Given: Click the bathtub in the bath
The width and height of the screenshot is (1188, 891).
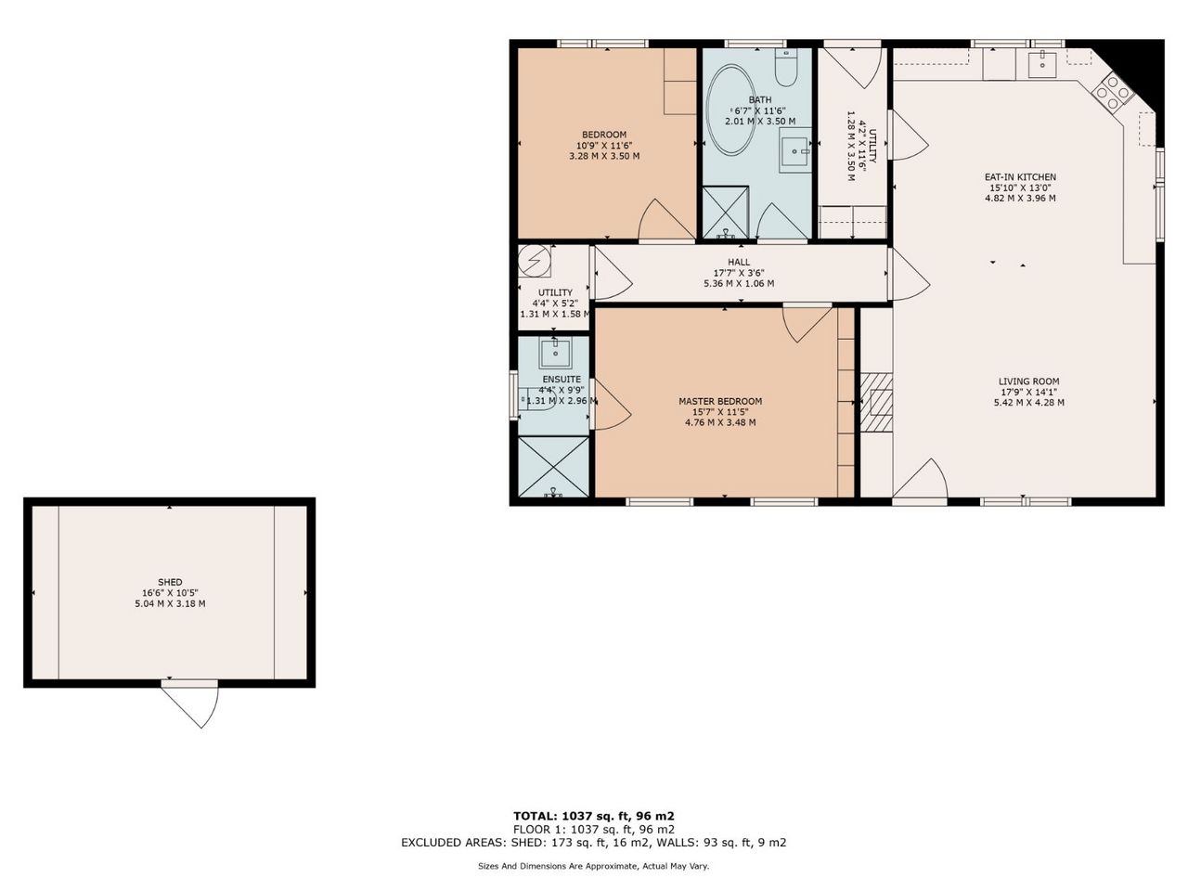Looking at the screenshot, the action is coord(731,110).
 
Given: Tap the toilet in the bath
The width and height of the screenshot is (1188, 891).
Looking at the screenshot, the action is coord(786,68).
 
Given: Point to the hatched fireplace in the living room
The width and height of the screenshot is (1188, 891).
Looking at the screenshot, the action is coord(876,402).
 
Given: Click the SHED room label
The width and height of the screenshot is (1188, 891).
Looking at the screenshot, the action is coord(170,582).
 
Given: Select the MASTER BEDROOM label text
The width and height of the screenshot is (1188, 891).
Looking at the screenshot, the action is coord(720,401).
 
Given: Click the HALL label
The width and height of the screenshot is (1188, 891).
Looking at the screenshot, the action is coord(739,262).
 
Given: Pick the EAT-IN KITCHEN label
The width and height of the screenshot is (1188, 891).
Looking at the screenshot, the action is coord(1020,177).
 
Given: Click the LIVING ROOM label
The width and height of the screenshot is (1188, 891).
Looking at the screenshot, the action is coord(1029,381).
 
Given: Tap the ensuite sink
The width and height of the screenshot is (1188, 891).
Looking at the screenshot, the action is coord(555,354).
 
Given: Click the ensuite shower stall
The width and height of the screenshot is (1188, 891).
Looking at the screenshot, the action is coord(553,466).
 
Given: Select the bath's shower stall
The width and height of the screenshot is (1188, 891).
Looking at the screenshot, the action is coord(725,213).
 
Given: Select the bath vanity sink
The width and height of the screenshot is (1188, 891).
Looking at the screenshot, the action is coord(795,150).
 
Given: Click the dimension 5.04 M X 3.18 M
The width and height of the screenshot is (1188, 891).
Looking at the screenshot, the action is coord(170,603).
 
